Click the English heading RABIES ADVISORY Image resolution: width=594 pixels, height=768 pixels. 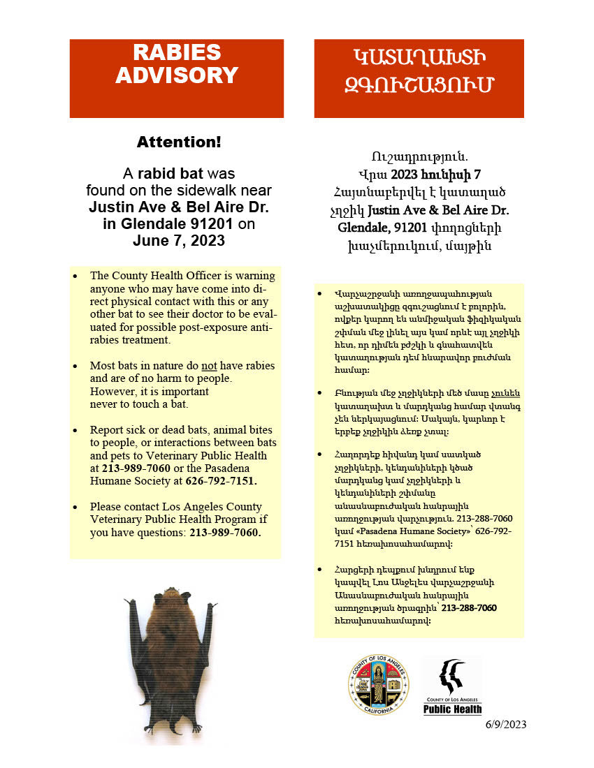point(176,64)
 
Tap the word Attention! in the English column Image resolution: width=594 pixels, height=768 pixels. point(179,142)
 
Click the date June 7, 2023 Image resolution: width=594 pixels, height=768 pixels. point(179,241)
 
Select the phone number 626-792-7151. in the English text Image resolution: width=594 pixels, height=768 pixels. point(221,481)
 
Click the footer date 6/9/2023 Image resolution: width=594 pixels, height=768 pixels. point(506,724)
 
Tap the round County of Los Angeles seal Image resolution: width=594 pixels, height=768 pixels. point(379,684)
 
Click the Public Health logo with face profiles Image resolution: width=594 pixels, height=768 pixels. point(452,686)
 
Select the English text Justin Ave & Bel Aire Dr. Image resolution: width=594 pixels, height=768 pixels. point(179,207)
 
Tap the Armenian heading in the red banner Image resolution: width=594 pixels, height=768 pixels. point(419,71)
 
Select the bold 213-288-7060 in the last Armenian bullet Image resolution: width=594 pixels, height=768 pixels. point(469,608)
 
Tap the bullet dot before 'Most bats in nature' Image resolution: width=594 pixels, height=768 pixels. point(75,366)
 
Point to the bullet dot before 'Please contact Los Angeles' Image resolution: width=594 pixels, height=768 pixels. point(75,507)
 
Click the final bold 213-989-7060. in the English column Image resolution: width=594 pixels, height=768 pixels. point(225,533)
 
